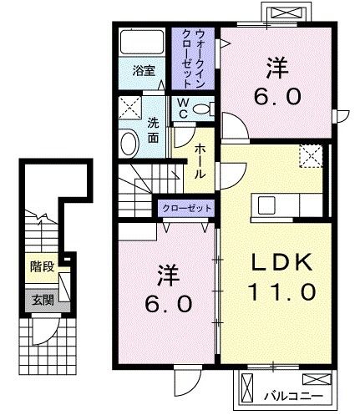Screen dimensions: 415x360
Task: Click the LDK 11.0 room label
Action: click(x=281, y=279)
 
